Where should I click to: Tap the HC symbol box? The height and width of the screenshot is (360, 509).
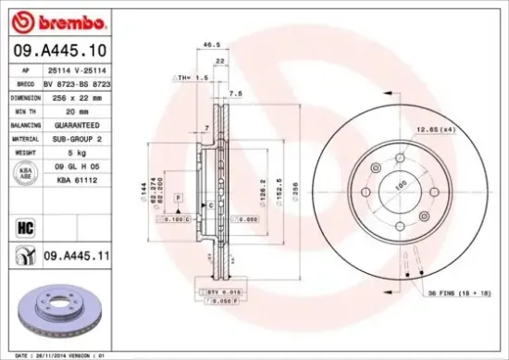tap(26, 223)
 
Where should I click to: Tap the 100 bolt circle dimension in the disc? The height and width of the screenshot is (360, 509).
tap(402, 185)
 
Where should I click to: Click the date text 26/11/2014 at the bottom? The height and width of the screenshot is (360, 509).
tap(57, 354)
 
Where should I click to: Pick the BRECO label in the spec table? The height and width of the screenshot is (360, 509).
tap(26, 83)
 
